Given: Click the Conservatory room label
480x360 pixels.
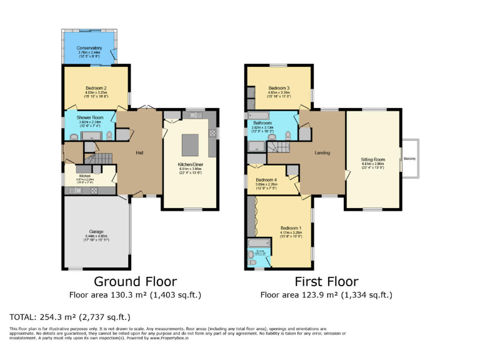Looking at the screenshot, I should pyautogui.click(x=90, y=48).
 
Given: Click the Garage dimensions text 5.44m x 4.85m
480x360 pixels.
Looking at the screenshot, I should pyautogui.click(x=96, y=237).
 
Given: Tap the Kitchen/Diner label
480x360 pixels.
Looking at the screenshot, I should pyautogui.click(x=191, y=164).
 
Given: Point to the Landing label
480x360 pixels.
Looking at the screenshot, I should pyautogui.click(x=322, y=152).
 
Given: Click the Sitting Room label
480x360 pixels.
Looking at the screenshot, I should pyautogui.click(x=373, y=160).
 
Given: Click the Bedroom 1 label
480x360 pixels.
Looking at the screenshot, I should pyautogui.click(x=291, y=227).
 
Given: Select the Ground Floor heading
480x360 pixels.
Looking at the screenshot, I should pyautogui.click(x=136, y=281).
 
